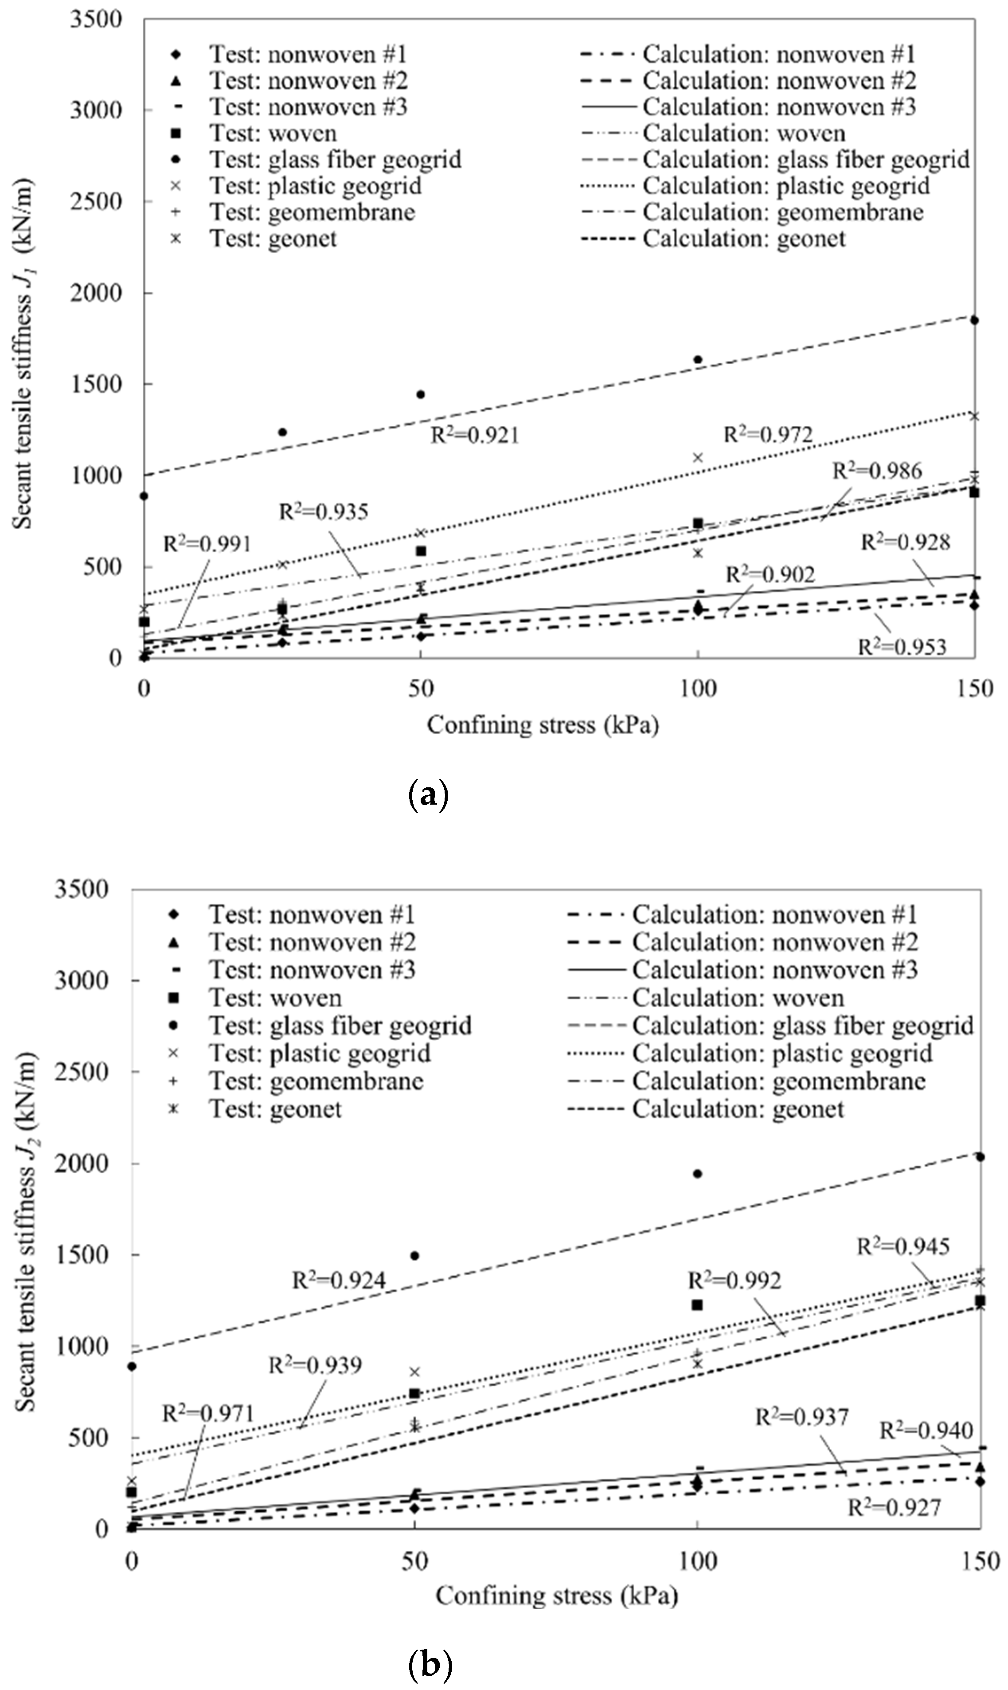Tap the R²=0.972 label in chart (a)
tap(768, 434)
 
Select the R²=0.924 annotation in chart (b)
tap(338, 1281)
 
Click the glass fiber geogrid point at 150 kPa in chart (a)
tap(974, 320)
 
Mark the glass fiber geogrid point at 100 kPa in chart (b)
tap(697, 1174)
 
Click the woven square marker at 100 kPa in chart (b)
tap(697, 1305)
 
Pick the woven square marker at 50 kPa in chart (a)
tap(421, 551)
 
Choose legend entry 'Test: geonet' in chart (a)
tap(272, 239)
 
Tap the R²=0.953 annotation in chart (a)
tap(902, 647)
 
